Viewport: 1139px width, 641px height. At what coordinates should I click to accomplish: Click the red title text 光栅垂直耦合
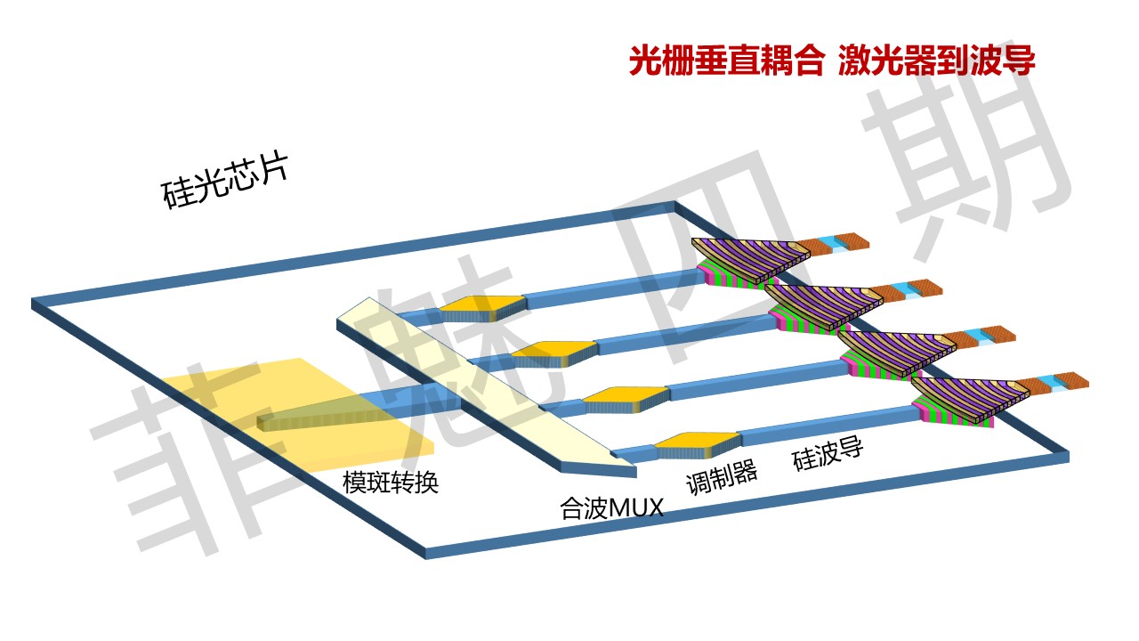click(726, 62)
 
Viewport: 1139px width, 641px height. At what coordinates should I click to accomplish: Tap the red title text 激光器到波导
click(936, 62)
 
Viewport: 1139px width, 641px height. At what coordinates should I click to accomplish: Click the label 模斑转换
click(391, 483)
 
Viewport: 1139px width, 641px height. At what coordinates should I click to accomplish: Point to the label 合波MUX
click(611, 508)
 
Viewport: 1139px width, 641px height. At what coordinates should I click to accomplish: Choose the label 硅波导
click(828, 455)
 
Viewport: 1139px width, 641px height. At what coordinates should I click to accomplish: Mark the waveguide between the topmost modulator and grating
click(614, 285)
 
